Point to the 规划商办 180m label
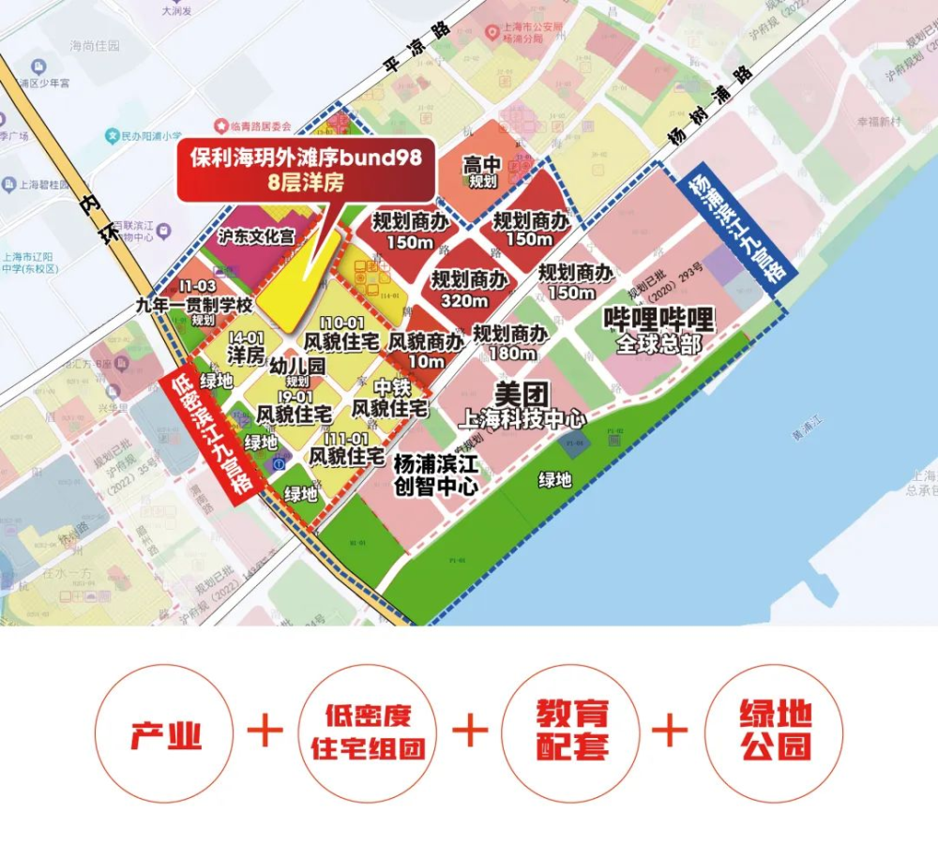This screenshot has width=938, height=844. [511, 342]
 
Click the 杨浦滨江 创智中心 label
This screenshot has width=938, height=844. [436, 474]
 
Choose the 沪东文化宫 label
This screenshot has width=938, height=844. [255, 238]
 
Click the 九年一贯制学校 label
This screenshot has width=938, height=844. [195, 305]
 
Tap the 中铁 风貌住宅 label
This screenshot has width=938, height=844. [389, 398]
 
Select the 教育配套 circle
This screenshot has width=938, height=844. [571, 731]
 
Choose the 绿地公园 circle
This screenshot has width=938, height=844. [775, 731]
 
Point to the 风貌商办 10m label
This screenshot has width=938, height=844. [426, 351]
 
